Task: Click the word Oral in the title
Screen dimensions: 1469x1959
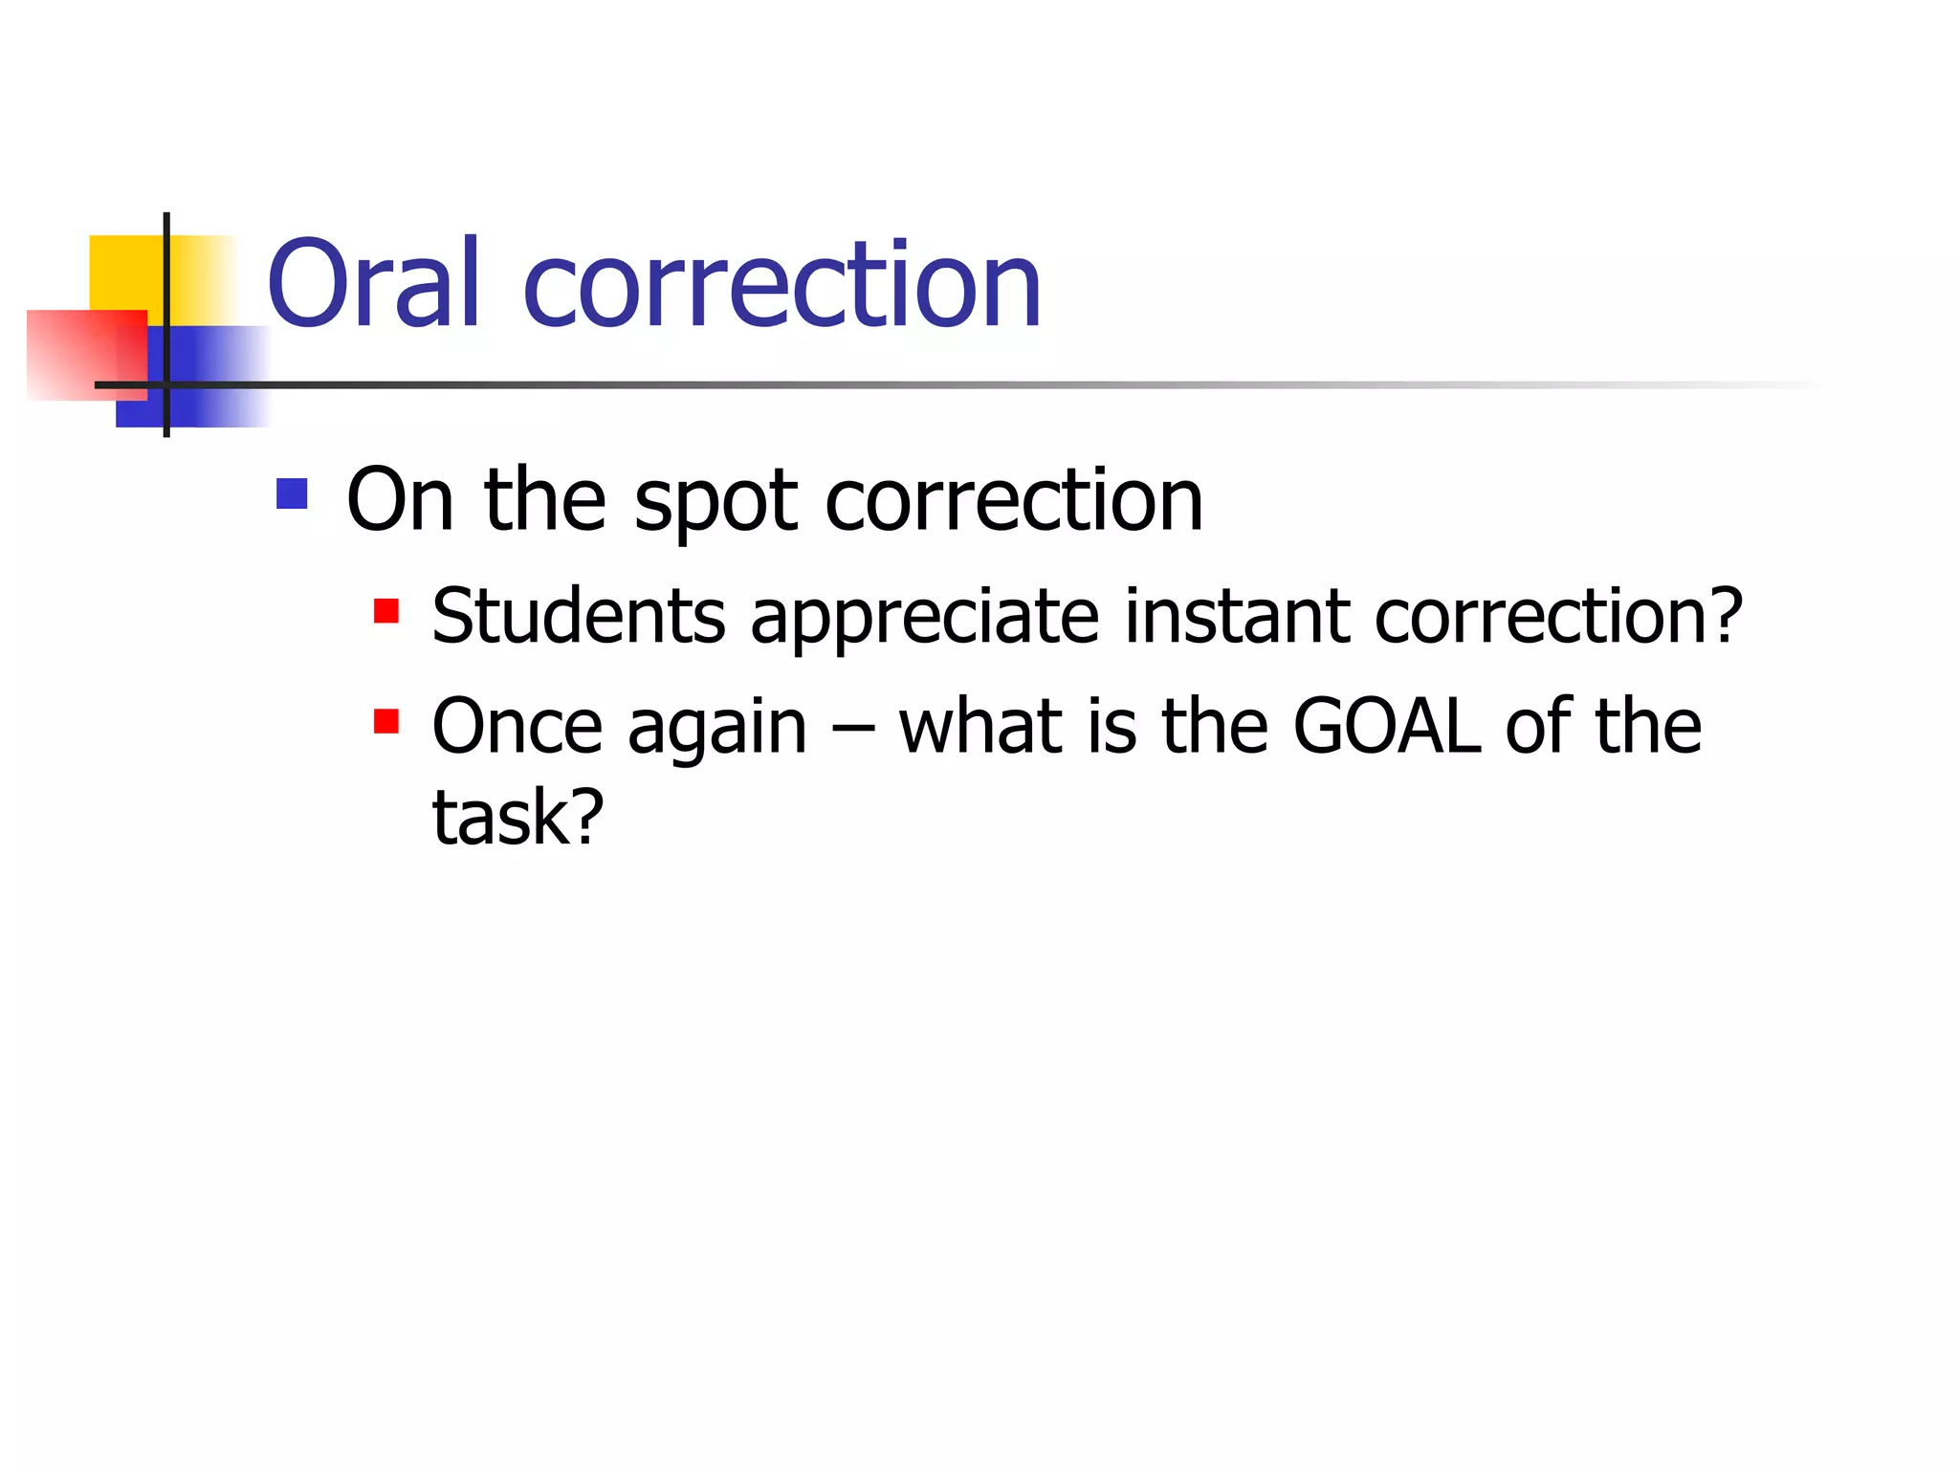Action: pos(373,284)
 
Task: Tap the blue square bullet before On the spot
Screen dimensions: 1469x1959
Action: pos(292,493)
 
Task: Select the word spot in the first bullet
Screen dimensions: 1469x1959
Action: pos(715,501)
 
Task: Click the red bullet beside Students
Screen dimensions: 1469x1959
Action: pos(386,610)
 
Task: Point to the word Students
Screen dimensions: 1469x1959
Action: pos(579,616)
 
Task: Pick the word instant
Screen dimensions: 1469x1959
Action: pos(1237,616)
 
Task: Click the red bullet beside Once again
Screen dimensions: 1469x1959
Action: pos(386,720)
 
